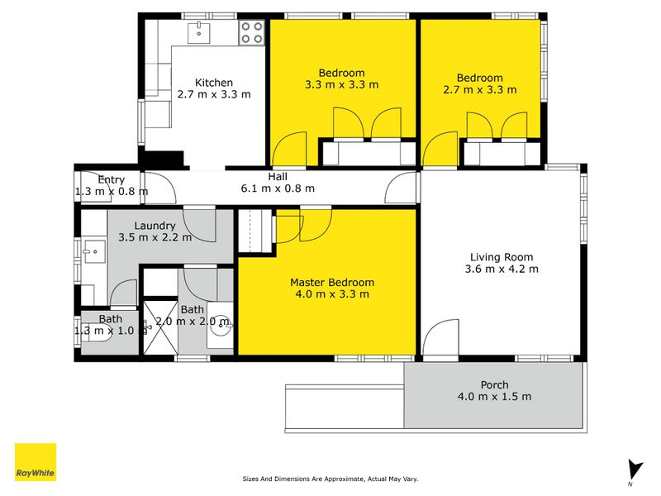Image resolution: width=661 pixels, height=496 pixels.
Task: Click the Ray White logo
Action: [x=36, y=462]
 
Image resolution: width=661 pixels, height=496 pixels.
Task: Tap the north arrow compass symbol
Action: [x=635, y=471]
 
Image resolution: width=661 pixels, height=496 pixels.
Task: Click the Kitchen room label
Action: [x=214, y=83]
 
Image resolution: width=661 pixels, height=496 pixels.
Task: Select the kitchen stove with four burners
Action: [x=252, y=32]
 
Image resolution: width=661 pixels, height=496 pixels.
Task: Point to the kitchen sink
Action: [x=198, y=32]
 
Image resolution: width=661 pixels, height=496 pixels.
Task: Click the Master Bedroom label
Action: [x=332, y=282]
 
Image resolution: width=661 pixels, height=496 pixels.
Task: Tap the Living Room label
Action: [x=502, y=257]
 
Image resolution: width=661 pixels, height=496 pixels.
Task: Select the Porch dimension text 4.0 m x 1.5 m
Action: [x=494, y=397]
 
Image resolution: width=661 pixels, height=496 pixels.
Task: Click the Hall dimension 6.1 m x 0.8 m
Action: [x=278, y=188]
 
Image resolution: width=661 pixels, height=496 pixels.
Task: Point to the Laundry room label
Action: [x=155, y=226]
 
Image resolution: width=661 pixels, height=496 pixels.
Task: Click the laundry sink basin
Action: [x=94, y=251]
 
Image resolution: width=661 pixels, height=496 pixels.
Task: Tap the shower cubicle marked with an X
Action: [x=160, y=327]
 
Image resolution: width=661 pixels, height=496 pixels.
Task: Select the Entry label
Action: [x=112, y=179]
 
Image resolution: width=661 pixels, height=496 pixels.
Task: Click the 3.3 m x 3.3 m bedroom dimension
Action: [x=342, y=85]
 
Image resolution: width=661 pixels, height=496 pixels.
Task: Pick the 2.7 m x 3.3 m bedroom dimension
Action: [x=480, y=90]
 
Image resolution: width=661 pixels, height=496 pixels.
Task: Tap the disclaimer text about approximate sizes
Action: [x=330, y=479]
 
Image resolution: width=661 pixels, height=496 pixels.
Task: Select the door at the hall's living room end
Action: [x=401, y=188]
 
